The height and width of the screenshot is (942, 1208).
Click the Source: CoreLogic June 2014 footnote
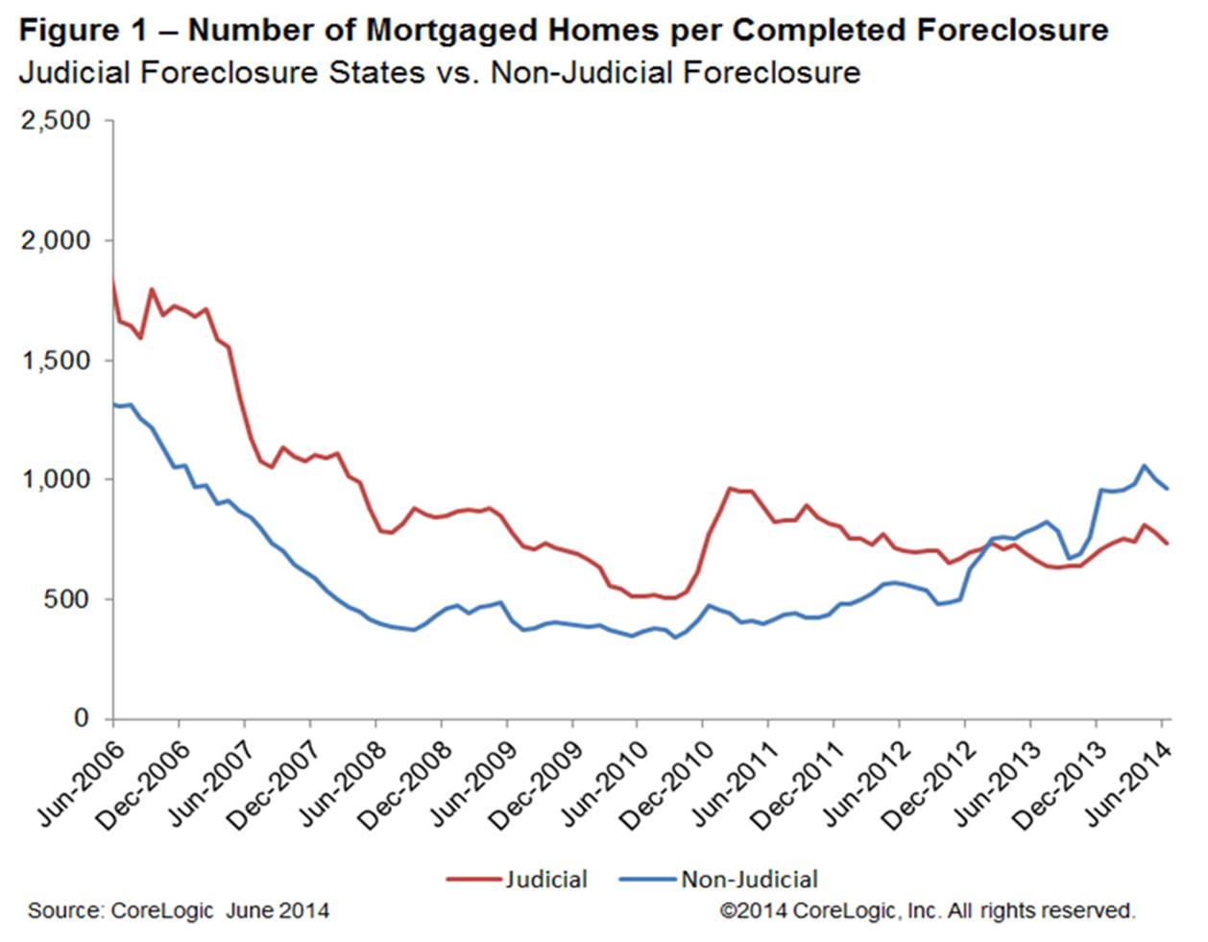[x=178, y=910]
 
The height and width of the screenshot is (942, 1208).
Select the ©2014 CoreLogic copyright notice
[x=928, y=910]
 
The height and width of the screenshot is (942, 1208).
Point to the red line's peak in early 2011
[x=730, y=489]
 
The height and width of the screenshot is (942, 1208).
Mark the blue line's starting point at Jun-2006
[x=114, y=403]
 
